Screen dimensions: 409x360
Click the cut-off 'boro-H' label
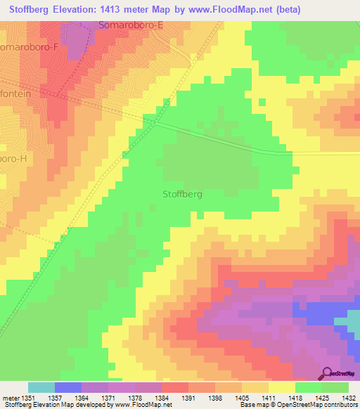coord(14,158)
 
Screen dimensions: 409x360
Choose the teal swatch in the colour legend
coord(41,387)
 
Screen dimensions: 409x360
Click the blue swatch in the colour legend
coord(67,387)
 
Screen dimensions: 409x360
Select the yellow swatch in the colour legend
coord(281,387)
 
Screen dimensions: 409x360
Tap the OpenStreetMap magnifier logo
coord(326,373)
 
